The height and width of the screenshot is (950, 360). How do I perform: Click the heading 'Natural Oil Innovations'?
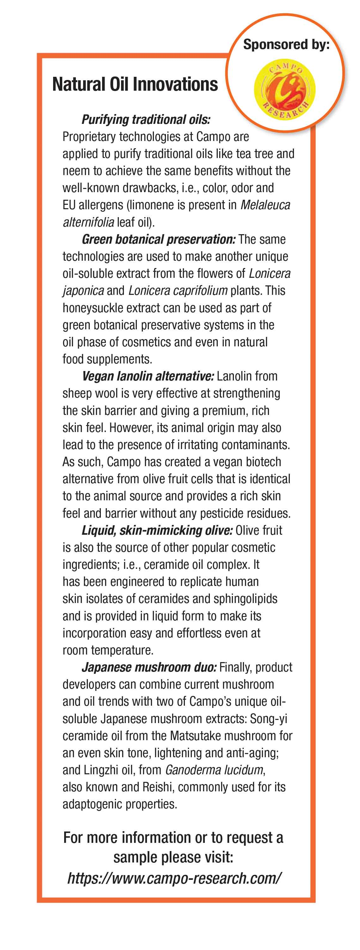(135, 84)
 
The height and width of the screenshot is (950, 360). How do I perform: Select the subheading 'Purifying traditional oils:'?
(146, 119)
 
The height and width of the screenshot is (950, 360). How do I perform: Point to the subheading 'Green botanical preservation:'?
(159, 239)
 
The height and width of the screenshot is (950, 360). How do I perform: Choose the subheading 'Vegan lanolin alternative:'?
(148, 376)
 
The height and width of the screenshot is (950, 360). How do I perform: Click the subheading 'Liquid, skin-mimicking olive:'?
(157, 530)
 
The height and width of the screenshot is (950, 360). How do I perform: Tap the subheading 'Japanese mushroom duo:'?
(149, 667)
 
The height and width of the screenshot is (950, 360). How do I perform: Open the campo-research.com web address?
(174, 878)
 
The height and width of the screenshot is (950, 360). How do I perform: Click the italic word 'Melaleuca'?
(265, 205)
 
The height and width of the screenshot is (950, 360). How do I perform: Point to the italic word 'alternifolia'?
(88, 222)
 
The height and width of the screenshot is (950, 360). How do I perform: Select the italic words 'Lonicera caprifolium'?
(178, 291)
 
